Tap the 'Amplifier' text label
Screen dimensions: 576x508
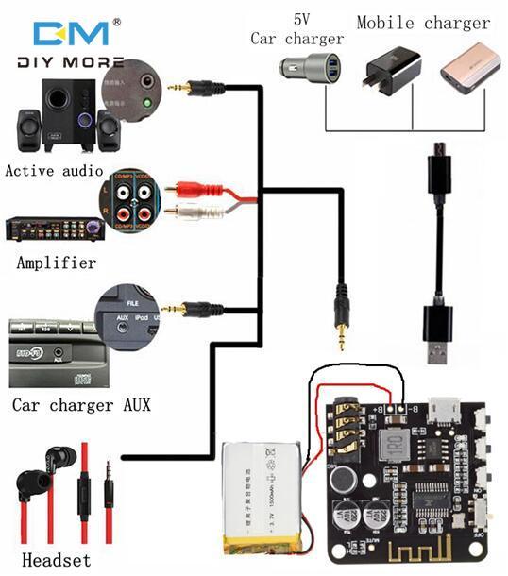(x=56, y=263)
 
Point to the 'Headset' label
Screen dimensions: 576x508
(x=59, y=558)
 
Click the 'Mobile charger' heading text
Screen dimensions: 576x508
(x=423, y=23)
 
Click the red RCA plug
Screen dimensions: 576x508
(x=185, y=192)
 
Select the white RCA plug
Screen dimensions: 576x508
(x=185, y=212)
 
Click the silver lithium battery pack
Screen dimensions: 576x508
(x=263, y=498)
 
